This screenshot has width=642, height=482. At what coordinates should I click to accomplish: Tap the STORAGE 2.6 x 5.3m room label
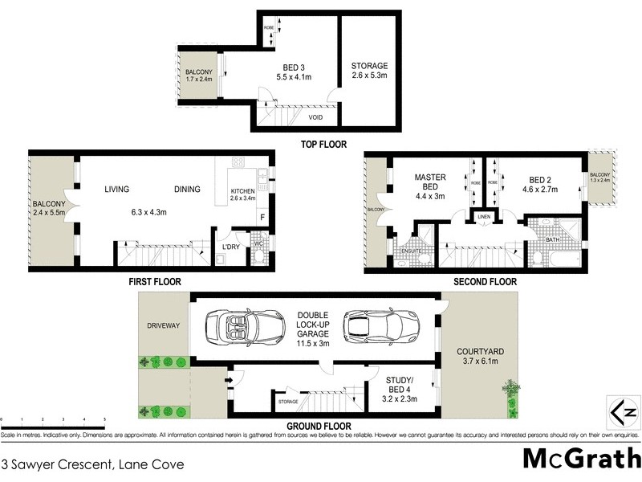tap(369, 71)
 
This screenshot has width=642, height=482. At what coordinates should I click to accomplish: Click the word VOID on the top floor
tap(316, 116)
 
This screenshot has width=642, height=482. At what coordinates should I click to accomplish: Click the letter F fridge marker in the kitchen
tap(261, 218)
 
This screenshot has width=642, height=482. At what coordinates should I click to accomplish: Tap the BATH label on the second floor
tap(551, 239)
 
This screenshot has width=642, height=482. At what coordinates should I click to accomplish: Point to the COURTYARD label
tap(479, 357)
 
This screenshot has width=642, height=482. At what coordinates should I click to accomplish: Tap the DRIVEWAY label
tap(163, 326)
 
